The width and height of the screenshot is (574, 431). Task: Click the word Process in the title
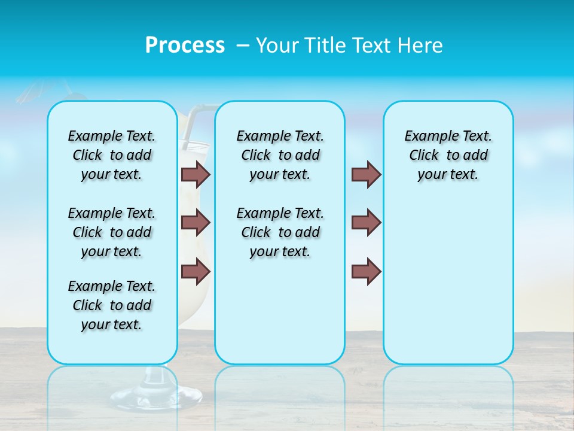(x=185, y=45)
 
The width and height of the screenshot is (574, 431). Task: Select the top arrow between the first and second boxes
(x=196, y=174)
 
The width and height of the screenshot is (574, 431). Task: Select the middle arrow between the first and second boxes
(x=196, y=223)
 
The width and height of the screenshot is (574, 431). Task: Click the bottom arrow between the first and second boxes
(x=196, y=271)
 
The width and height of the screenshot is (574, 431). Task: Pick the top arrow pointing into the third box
(x=366, y=174)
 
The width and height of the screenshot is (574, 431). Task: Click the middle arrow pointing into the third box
(x=366, y=223)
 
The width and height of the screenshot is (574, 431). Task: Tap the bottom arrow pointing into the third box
(x=366, y=271)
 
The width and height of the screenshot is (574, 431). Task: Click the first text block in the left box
(x=112, y=155)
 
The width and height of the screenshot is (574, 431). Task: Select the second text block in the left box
(x=112, y=232)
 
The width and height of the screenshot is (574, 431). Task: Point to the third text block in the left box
(x=112, y=305)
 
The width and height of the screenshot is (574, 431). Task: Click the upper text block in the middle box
(x=280, y=155)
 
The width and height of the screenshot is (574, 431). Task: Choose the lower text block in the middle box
(x=280, y=232)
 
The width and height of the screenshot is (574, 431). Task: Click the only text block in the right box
(x=448, y=155)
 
